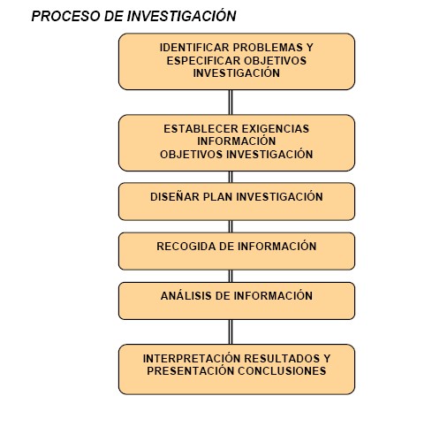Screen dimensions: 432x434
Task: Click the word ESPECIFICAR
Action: (x=203, y=60)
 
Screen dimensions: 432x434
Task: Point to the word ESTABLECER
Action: (x=201, y=129)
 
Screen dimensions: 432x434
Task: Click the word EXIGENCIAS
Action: (x=276, y=129)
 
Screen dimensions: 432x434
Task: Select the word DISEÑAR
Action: (x=175, y=197)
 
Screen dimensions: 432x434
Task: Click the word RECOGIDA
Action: (x=186, y=247)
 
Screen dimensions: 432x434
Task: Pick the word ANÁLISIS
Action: (x=186, y=296)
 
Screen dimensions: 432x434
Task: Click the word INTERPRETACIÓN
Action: (x=192, y=359)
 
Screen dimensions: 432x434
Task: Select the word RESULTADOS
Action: (x=282, y=359)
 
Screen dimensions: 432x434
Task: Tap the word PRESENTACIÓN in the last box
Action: (x=190, y=371)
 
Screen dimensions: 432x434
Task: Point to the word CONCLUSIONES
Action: (x=282, y=371)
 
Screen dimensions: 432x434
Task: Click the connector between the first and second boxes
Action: (x=231, y=103)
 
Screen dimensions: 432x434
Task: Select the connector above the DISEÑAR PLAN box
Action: (x=231, y=177)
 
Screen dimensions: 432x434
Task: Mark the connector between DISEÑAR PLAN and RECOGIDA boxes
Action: (x=231, y=226)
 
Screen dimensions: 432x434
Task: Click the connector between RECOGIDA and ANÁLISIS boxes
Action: (x=231, y=276)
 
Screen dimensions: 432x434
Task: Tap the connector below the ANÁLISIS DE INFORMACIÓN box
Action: (x=231, y=332)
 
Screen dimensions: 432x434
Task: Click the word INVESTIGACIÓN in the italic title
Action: (x=182, y=16)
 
